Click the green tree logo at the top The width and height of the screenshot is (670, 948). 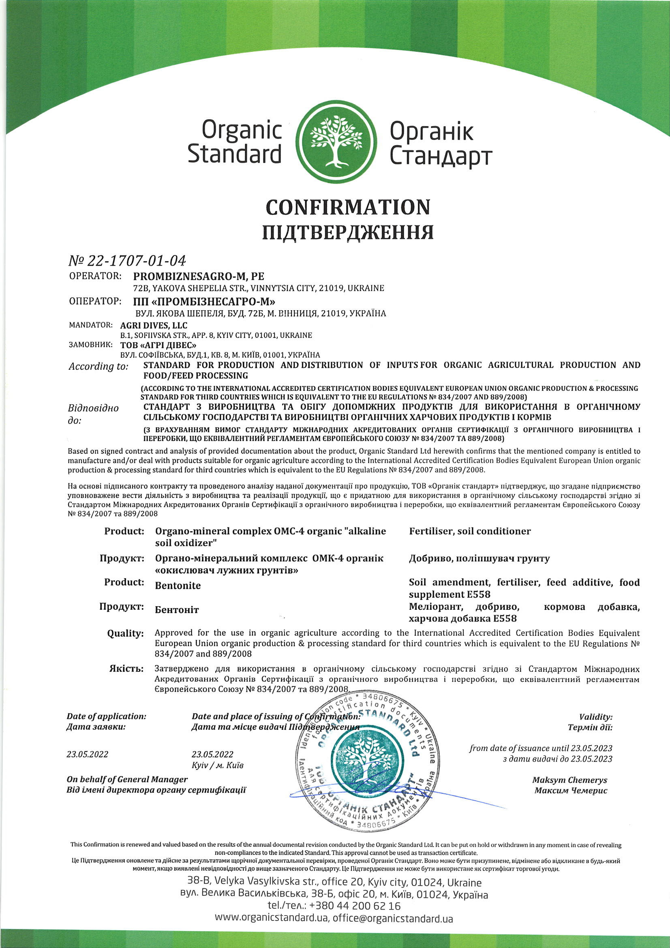tap(337, 142)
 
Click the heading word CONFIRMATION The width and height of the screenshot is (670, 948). tap(348, 207)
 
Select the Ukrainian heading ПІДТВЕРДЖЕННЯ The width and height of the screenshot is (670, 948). tap(348, 232)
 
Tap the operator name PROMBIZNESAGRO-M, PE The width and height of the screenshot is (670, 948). tap(199, 276)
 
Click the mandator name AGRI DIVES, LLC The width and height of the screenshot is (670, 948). tap(154, 325)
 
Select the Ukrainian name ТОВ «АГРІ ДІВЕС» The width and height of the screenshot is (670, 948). tap(158, 345)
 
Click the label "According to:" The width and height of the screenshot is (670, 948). tap(98, 366)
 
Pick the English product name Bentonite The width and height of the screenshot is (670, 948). tap(178, 586)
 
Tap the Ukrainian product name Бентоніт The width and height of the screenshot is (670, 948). tap(177, 609)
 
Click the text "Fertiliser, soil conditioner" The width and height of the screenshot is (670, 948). tap(470, 531)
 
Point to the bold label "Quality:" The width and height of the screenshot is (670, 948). tap(126, 633)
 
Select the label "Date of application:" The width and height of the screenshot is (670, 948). tap(107, 716)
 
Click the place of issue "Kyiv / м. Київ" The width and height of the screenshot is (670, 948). tap(218, 765)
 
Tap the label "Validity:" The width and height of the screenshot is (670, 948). tap(596, 717)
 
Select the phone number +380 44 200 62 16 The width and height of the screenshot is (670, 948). tap(354, 906)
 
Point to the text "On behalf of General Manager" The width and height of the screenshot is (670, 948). tap(127, 779)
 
